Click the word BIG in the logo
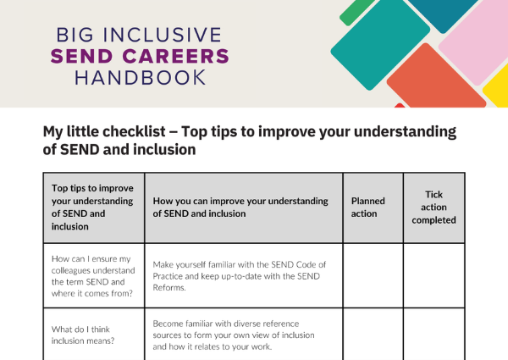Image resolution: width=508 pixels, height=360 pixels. pyautogui.click(x=75, y=36)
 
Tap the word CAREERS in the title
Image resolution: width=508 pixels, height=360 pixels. pyautogui.click(x=176, y=57)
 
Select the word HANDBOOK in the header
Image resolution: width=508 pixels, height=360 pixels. pyautogui.click(x=140, y=78)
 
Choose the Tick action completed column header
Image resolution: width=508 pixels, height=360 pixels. pyautogui.click(x=433, y=208)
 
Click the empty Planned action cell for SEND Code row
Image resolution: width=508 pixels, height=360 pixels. pyautogui.click(x=373, y=275)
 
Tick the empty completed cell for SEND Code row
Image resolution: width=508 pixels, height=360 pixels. pyautogui.click(x=433, y=275)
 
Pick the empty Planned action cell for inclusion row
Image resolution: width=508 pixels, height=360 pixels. pyautogui.click(x=373, y=334)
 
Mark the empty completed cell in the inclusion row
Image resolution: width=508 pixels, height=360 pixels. pyautogui.click(x=433, y=334)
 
